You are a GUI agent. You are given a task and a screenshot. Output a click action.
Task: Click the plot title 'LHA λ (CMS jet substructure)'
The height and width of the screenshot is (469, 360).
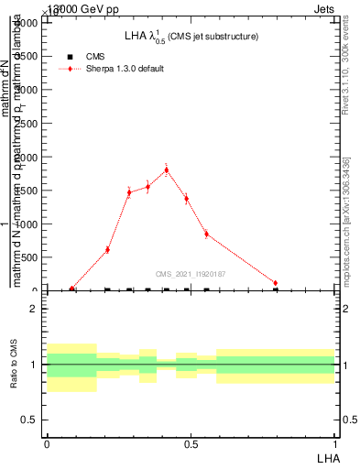(x=191, y=37)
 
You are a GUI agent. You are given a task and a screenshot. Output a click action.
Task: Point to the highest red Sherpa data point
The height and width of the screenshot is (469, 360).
(x=166, y=169)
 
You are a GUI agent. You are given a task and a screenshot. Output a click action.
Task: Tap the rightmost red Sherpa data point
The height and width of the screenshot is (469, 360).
(x=276, y=283)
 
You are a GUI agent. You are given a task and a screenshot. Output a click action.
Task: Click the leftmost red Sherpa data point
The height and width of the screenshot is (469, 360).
(x=72, y=289)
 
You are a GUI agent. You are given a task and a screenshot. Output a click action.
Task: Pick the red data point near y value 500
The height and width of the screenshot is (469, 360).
(x=107, y=249)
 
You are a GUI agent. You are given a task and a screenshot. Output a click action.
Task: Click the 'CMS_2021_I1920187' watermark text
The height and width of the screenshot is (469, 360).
(x=190, y=274)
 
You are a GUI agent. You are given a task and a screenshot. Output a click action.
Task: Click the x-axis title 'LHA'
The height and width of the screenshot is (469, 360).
(x=328, y=455)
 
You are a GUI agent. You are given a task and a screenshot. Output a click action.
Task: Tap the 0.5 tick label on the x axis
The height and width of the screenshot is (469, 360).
(x=191, y=443)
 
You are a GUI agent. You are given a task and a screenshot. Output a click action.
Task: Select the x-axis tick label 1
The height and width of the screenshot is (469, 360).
(x=335, y=443)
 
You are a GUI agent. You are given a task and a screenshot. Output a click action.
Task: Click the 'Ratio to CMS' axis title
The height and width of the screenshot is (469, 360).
(x=14, y=365)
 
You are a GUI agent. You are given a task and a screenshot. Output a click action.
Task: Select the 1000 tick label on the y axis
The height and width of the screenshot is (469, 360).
(x=27, y=224)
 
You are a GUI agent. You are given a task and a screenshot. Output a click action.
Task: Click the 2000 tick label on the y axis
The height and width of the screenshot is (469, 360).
(x=27, y=157)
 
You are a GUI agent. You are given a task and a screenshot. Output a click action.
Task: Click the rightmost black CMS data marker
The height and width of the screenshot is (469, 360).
(x=276, y=289)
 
